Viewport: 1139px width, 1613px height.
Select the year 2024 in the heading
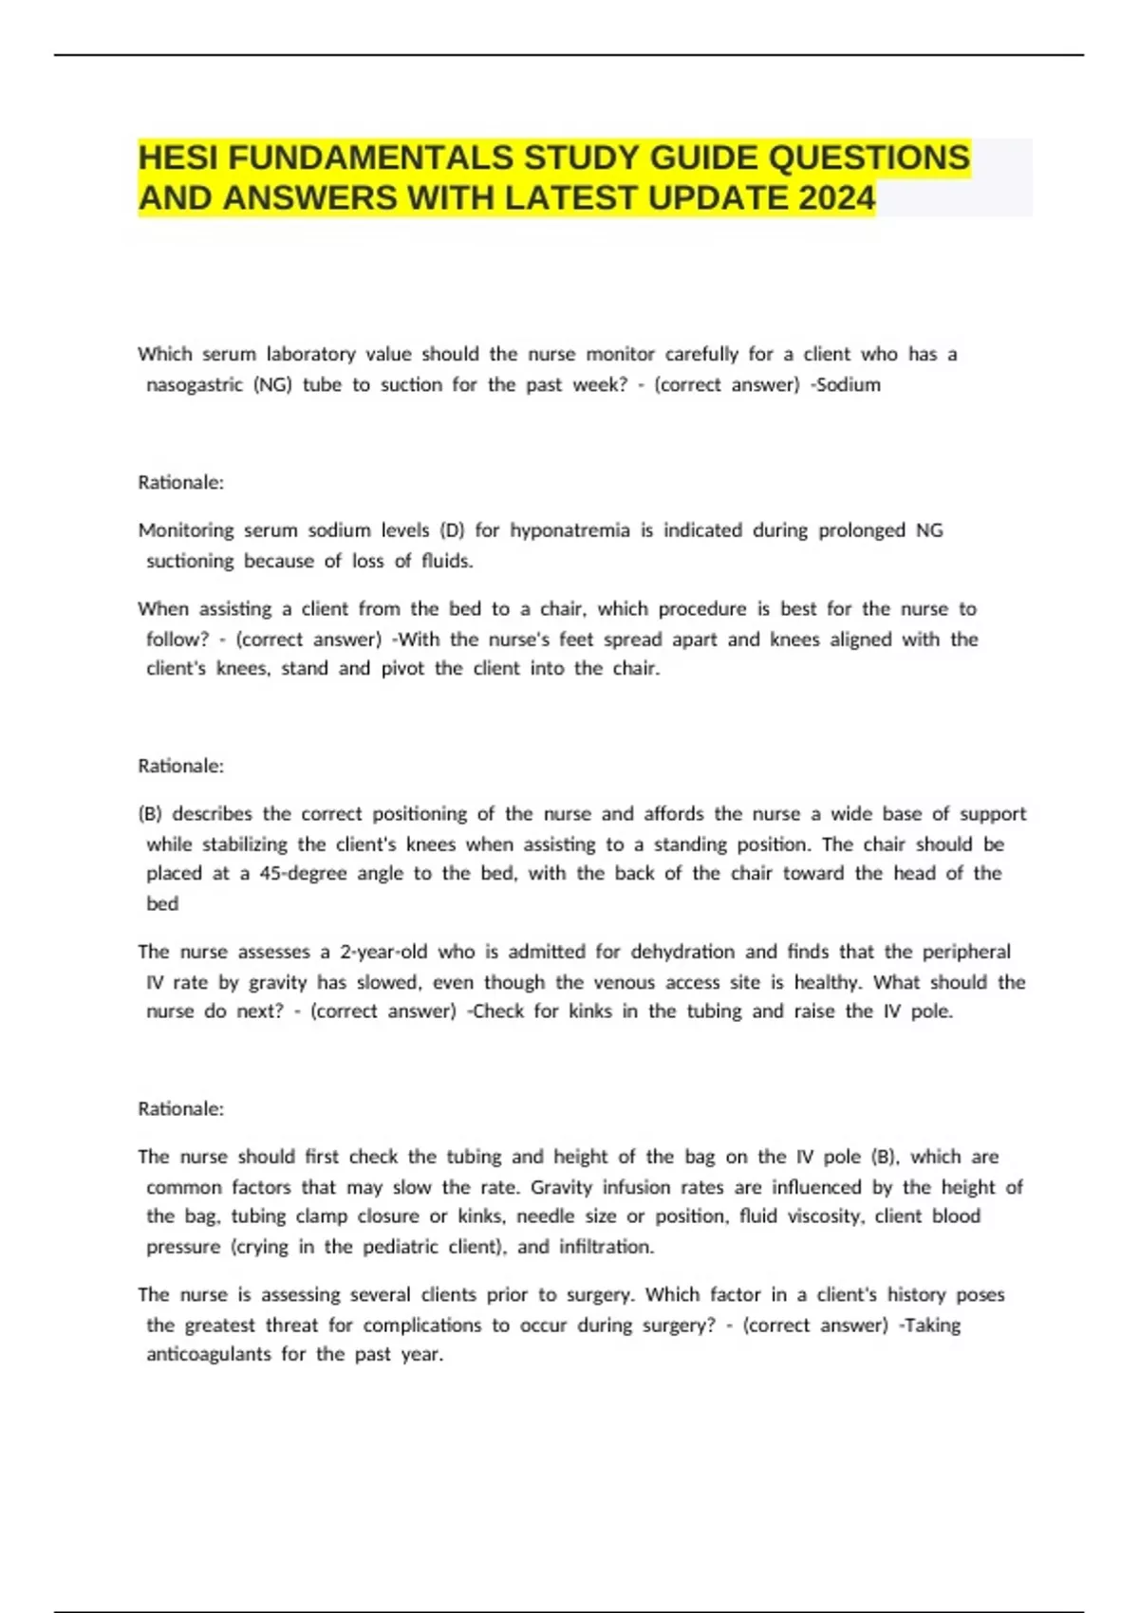(x=836, y=198)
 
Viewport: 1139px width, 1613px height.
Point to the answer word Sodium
(x=849, y=385)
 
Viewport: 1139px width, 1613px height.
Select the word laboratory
(x=310, y=355)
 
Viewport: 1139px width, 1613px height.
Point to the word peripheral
(x=966, y=952)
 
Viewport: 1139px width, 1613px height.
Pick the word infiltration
(x=607, y=1247)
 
